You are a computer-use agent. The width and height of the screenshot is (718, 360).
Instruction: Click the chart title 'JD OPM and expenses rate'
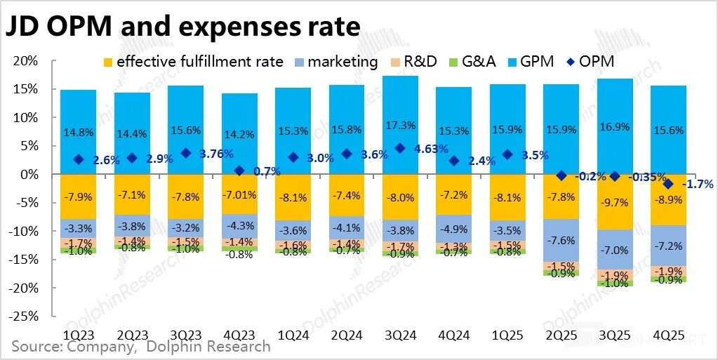(183, 26)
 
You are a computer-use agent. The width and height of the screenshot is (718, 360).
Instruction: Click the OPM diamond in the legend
(564, 62)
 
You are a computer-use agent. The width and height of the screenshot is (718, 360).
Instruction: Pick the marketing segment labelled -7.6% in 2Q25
(561, 240)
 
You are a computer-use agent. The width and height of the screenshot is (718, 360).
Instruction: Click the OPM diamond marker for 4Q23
(239, 171)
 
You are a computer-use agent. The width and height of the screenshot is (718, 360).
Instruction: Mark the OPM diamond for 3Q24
(400, 148)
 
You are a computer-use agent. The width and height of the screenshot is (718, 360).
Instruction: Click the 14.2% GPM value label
(239, 131)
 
